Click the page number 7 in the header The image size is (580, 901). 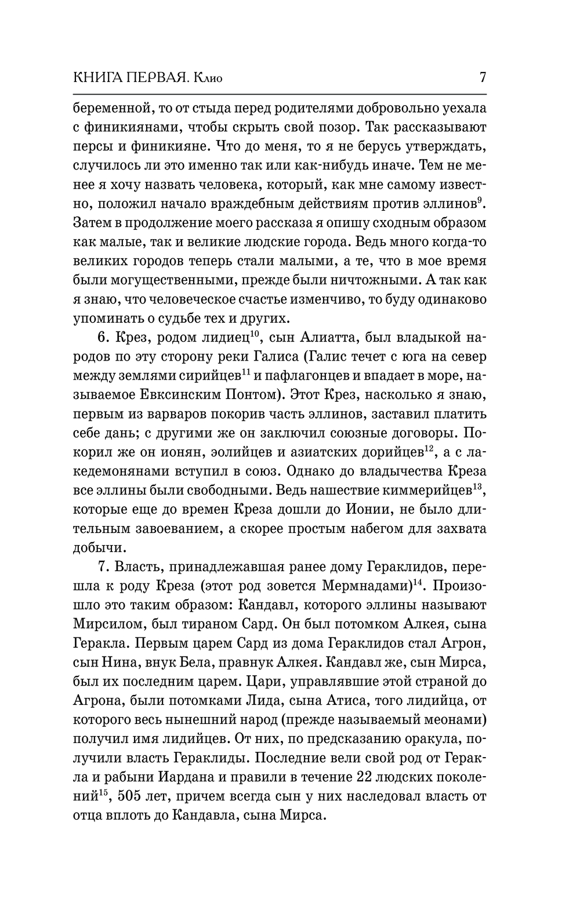pyautogui.click(x=483, y=77)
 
